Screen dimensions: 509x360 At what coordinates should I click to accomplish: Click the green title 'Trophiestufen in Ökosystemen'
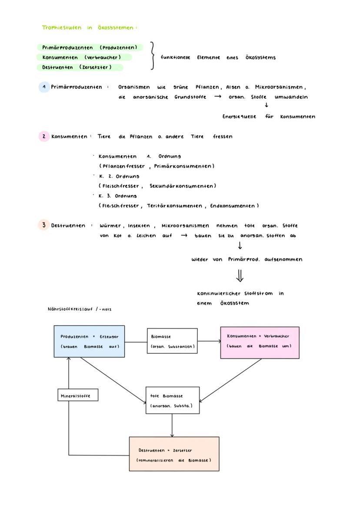89,28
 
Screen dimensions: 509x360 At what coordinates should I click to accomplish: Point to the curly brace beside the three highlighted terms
152,56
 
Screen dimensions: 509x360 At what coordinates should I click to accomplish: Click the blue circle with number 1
44,87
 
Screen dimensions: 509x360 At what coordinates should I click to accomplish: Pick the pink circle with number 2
44,136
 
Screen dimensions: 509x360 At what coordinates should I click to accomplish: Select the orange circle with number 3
43,225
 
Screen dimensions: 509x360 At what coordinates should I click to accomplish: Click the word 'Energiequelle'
239,116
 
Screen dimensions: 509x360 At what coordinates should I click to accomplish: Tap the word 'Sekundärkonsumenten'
182,186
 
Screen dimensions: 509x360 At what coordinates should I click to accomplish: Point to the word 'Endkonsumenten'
234,206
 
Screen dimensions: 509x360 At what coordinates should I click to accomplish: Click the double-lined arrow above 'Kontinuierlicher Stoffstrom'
240,275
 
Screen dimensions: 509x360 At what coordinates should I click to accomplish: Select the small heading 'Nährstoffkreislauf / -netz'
80,309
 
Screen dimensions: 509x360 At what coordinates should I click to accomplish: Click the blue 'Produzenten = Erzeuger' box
89,341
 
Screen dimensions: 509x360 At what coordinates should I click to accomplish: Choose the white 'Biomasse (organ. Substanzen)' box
172,341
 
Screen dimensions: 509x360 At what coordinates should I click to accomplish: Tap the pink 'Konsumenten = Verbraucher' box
260,343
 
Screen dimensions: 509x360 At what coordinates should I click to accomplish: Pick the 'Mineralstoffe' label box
78,395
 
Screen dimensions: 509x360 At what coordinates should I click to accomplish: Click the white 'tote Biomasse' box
173,400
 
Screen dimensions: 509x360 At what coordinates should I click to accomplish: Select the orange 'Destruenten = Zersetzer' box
174,454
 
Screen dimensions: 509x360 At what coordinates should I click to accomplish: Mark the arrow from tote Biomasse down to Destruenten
172,426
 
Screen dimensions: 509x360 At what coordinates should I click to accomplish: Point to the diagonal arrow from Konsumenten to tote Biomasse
230,380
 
